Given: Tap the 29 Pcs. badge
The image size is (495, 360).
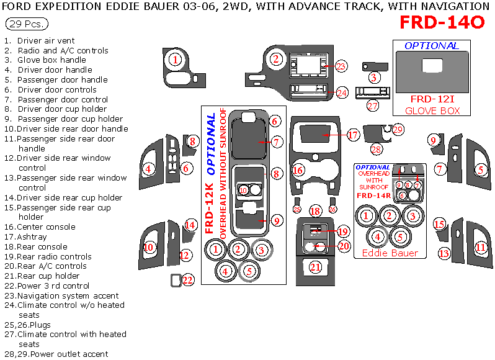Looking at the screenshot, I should pyautogui.click(x=25, y=24).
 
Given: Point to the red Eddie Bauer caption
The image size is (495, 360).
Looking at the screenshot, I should pyautogui.click(x=390, y=253).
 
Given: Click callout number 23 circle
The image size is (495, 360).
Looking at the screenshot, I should pyautogui.click(x=341, y=66).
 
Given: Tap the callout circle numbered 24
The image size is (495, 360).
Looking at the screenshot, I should pyautogui.click(x=342, y=92).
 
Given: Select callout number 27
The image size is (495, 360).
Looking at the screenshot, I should pyautogui.click(x=372, y=106).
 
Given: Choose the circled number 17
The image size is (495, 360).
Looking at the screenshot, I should pyautogui.click(x=352, y=135).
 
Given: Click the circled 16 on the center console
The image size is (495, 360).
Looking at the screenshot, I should pyautogui.click(x=299, y=169).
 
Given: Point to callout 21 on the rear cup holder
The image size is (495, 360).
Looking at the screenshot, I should pyautogui.click(x=316, y=268).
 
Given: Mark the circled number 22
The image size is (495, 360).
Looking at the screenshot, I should pyautogui.click(x=188, y=280).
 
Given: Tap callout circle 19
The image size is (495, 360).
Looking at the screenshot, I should pyautogui.click(x=343, y=232).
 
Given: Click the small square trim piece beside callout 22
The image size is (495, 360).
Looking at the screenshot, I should pyautogui.click(x=176, y=281).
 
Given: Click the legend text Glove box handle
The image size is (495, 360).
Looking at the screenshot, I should pyautogui.click(x=51, y=60).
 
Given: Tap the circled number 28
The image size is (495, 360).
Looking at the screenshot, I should pyautogui.click(x=377, y=149).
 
